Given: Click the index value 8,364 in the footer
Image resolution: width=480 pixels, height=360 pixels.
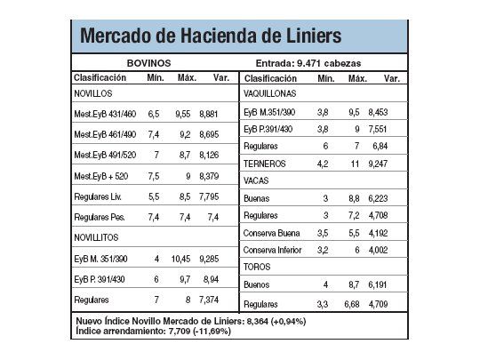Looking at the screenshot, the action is click(x=257, y=320).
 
